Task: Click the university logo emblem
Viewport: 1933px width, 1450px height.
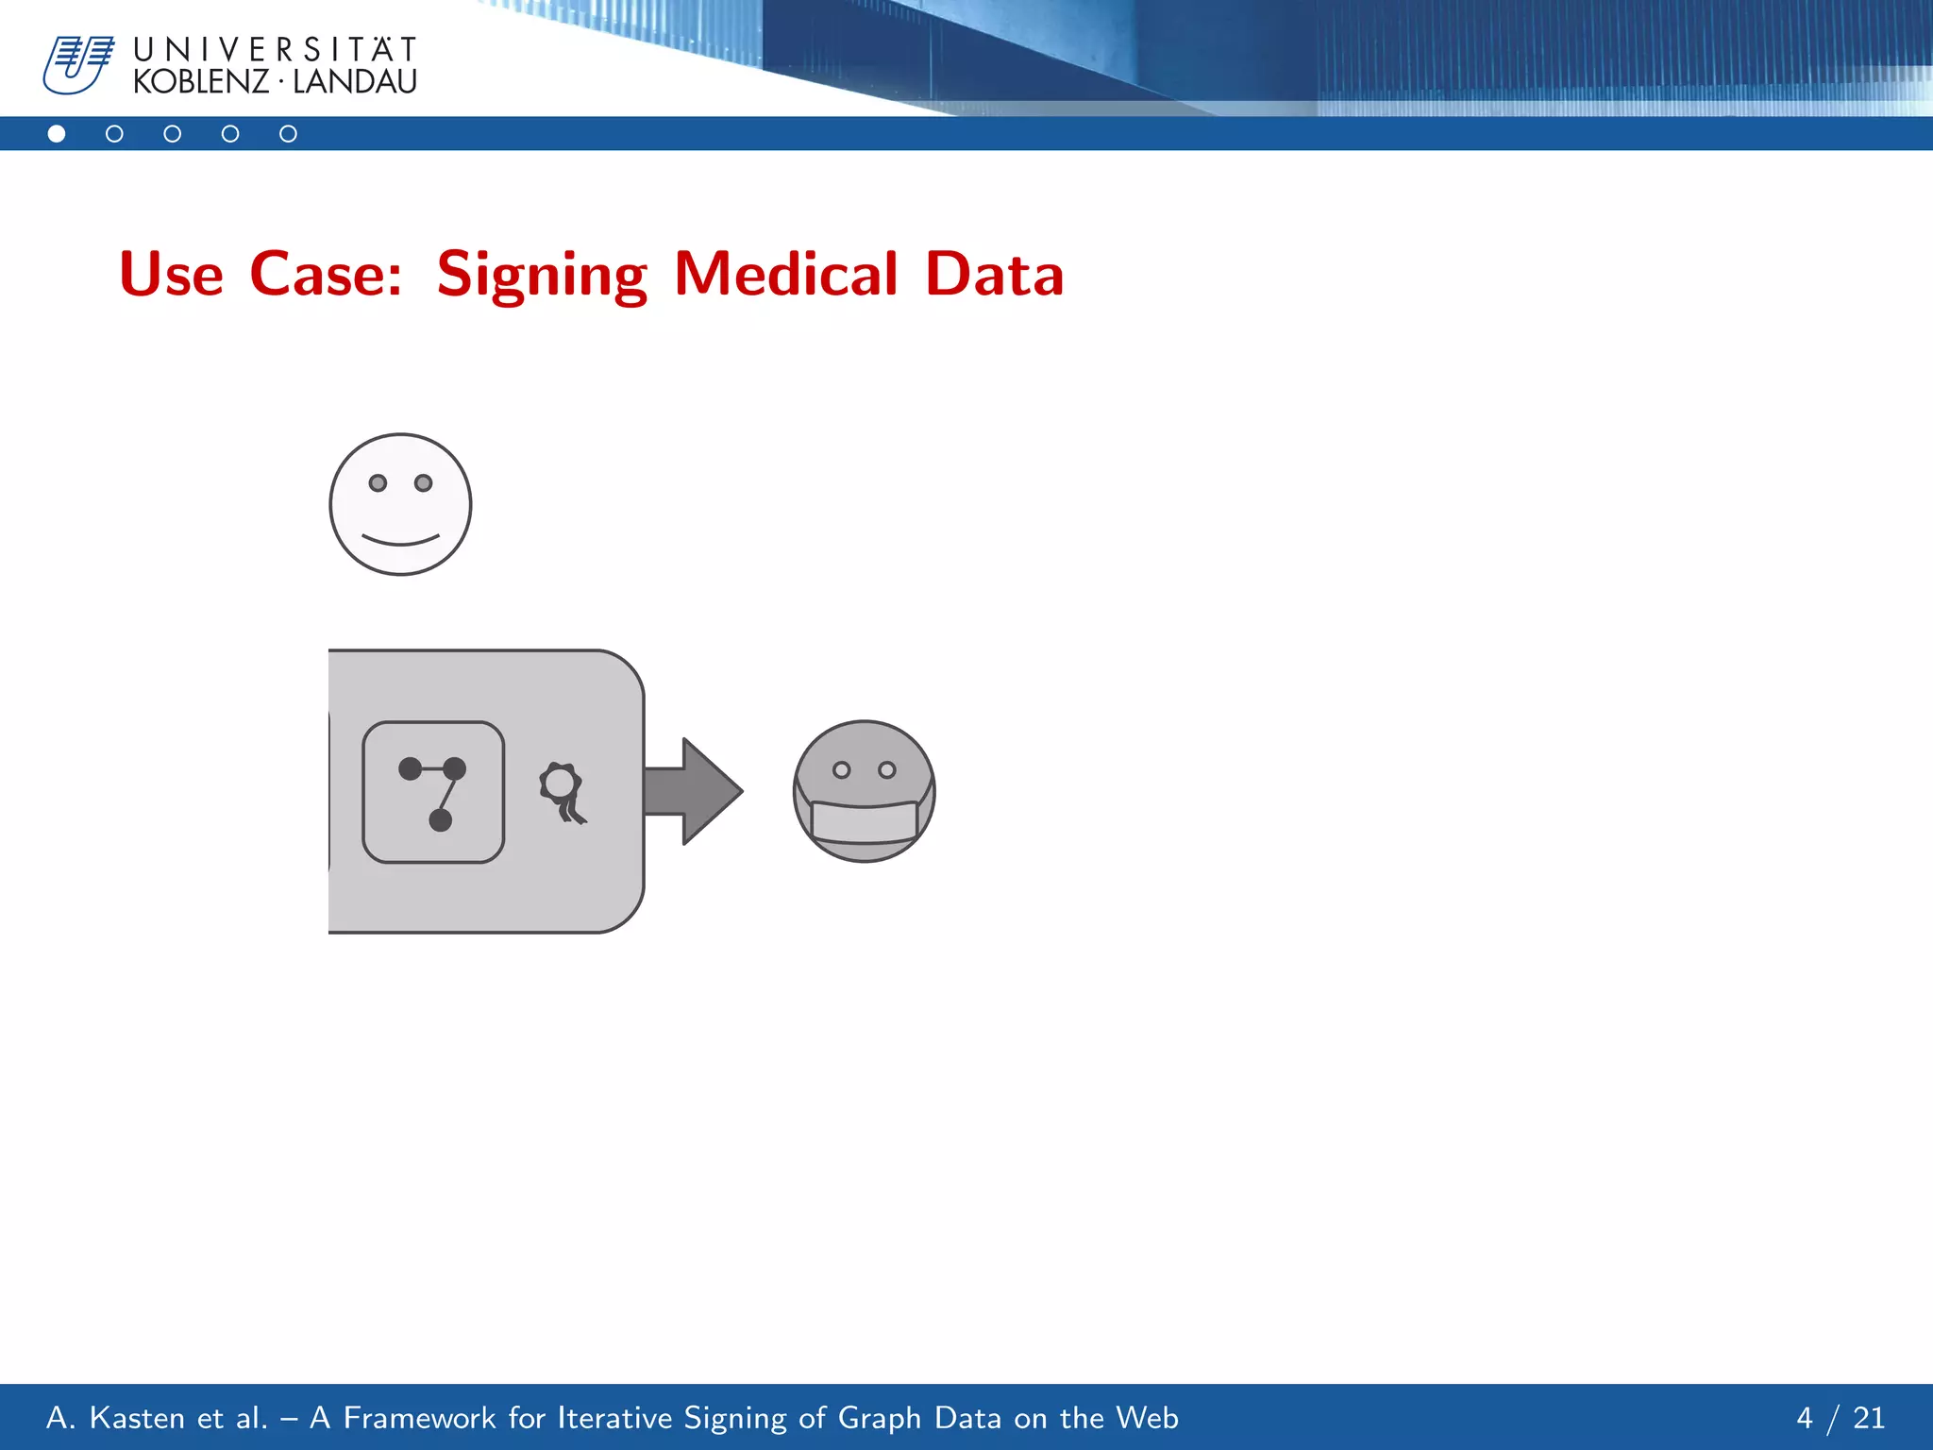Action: [x=78, y=64]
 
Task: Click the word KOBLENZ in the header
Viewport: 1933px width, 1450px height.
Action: [x=201, y=82]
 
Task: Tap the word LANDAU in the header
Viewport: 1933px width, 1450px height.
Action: [x=355, y=82]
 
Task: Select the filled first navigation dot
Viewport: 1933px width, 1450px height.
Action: [x=57, y=134]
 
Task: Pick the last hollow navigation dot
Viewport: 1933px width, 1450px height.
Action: [x=288, y=134]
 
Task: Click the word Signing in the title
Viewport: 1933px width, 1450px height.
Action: [x=542, y=276]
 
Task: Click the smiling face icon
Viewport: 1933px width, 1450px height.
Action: [x=400, y=504]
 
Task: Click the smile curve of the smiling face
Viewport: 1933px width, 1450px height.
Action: [x=400, y=542]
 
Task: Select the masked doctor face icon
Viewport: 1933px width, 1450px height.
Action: [x=864, y=791]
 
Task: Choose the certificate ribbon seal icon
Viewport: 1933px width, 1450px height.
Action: [x=563, y=792]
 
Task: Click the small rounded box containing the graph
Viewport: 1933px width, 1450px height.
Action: [x=433, y=792]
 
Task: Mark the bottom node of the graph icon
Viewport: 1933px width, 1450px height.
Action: [x=440, y=820]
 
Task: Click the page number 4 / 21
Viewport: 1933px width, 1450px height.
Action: [x=1840, y=1418]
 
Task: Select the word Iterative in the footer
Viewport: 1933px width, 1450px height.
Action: [x=614, y=1418]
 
